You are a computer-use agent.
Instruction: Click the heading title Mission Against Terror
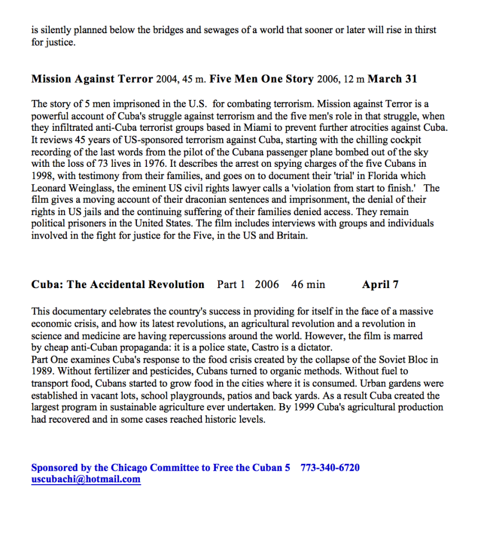pos(92,79)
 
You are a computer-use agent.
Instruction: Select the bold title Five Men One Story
pos(261,79)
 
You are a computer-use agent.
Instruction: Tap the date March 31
pos(392,79)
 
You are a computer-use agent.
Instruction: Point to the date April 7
pos(380,285)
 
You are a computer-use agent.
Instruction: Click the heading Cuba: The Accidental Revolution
pos(118,285)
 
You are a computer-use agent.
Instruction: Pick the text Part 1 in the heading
pos(231,285)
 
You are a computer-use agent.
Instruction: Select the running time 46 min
pos(308,285)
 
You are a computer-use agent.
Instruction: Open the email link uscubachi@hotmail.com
pos(86,480)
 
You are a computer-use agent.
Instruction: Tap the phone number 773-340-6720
pos(330,468)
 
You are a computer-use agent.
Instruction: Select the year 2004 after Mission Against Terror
pos(167,79)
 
